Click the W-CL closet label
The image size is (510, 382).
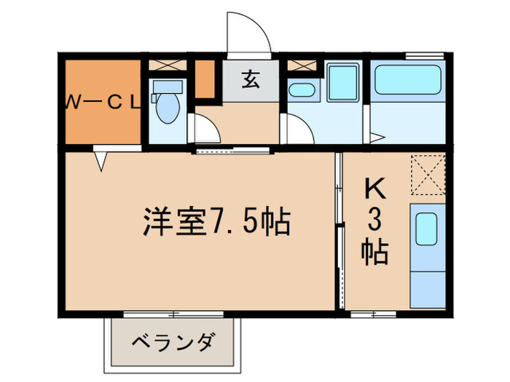(103, 103)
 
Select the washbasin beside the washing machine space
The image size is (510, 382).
(300, 90)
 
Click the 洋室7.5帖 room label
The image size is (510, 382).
(216, 222)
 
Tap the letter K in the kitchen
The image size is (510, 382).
(374, 191)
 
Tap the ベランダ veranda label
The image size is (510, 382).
(173, 341)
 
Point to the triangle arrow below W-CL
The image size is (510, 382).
(101, 159)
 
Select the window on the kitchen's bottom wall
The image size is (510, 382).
(372, 314)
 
